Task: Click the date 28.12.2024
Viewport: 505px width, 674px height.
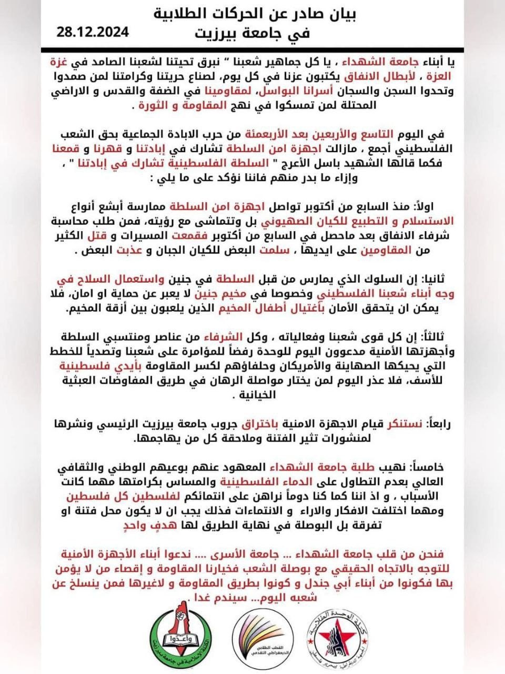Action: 93,32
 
